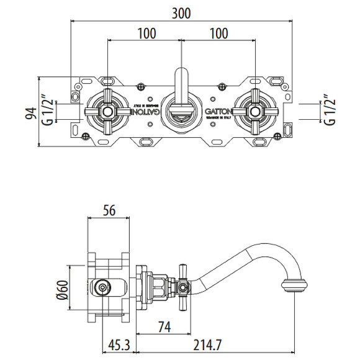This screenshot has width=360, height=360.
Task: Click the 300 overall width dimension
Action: click(181, 12)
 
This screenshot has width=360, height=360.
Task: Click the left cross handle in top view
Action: click(108, 112)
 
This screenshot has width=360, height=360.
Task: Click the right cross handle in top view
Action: click(254, 112)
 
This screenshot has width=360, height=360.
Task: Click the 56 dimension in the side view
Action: click(110, 211)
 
